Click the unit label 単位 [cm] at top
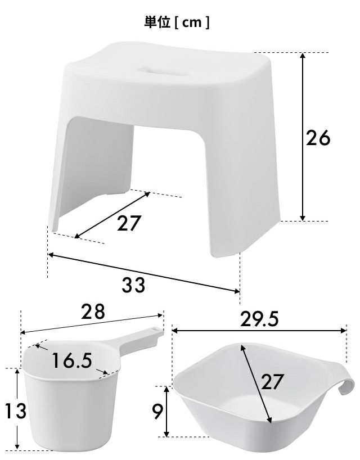coord(177,22)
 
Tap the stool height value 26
coord(318,138)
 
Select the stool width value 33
coord(133,285)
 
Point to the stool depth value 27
coord(129,223)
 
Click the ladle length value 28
coord(93,312)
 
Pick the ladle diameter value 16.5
coord(72,360)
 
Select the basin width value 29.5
coord(259,319)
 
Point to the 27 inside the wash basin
coord(272,381)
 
